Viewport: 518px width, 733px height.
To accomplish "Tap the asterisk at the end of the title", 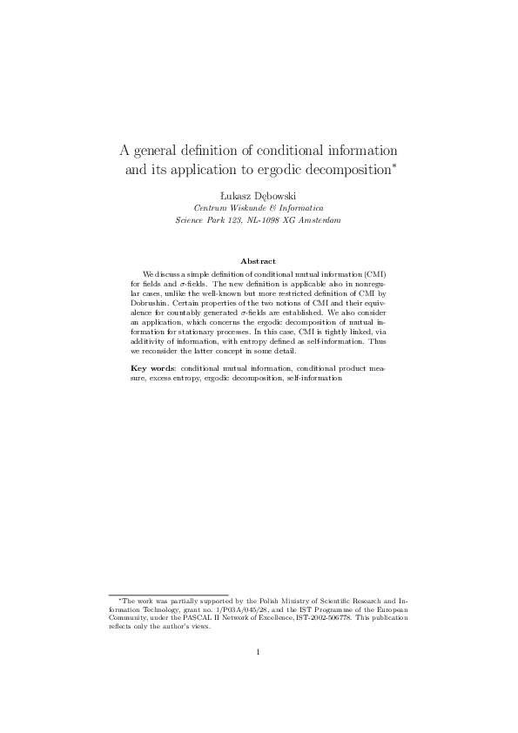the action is [x=394, y=162].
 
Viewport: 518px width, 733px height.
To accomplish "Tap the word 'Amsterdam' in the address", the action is [x=316, y=220].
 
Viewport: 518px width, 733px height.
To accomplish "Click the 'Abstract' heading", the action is [x=258, y=261].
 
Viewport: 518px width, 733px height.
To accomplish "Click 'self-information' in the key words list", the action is [x=313, y=379].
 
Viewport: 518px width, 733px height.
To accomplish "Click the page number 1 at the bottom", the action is [x=259, y=652].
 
